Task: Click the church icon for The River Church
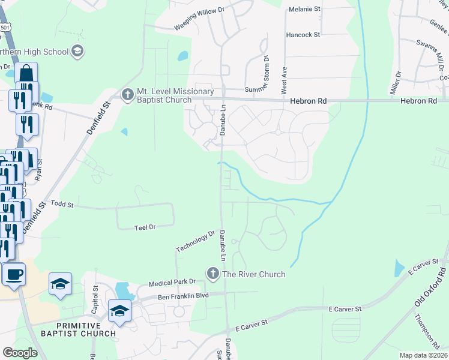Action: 212,274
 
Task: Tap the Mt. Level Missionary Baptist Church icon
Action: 127,94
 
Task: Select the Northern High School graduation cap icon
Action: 77,51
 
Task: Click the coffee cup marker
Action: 13,275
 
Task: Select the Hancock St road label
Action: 303,35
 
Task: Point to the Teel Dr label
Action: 145,227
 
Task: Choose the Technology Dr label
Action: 195,241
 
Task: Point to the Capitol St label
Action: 95,296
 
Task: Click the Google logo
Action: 20,353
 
